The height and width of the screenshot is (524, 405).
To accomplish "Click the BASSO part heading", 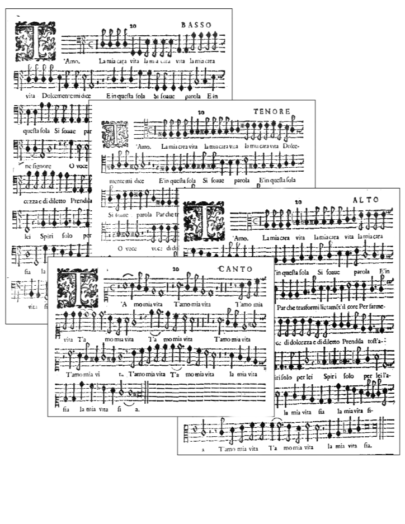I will click(196, 25).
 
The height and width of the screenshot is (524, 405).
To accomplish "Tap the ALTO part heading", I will click(366, 199).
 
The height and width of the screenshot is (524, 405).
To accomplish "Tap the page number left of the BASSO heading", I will click(133, 26).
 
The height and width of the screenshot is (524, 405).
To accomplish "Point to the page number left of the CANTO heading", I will click(175, 269).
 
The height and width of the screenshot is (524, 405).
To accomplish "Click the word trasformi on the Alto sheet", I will click(308, 307).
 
